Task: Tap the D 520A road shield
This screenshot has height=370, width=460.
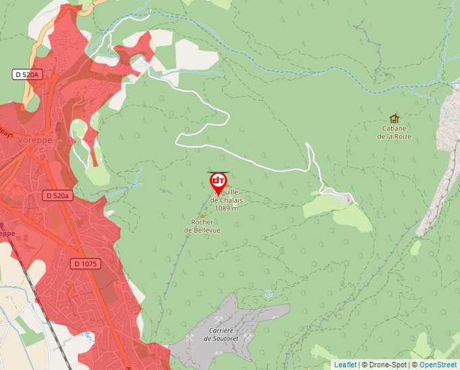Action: tap(27, 74)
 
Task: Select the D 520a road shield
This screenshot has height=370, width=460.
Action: tap(57, 195)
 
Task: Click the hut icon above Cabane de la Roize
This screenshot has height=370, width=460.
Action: tap(394, 118)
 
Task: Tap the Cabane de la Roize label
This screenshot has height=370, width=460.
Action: tap(394, 132)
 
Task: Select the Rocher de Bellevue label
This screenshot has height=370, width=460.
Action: tap(202, 226)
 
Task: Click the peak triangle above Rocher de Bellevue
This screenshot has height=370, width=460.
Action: tap(202, 215)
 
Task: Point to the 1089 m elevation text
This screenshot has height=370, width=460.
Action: tap(226, 208)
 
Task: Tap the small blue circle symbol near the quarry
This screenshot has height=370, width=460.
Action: tap(269, 294)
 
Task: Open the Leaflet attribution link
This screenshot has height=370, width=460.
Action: tap(344, 365)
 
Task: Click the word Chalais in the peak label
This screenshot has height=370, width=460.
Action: tap(229, 200)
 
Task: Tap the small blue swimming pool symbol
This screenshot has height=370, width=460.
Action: tap(88, 335)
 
